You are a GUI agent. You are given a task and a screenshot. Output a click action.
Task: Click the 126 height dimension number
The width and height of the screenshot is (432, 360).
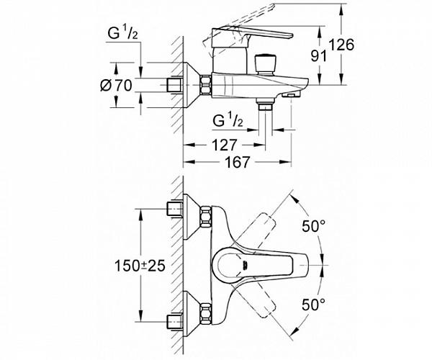click(341, 45)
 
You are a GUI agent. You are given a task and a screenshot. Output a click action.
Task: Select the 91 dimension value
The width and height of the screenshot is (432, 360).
click(319, 56)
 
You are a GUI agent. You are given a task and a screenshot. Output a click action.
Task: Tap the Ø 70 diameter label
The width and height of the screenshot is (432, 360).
click(116, 85)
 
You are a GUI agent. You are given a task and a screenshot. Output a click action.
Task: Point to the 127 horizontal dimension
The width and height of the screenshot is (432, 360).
click(224, 145)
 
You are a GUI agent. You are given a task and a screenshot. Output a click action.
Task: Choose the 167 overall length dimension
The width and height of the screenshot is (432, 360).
click(238, 162)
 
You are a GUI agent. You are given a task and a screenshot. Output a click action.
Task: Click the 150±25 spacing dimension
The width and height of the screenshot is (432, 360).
click(140, 266)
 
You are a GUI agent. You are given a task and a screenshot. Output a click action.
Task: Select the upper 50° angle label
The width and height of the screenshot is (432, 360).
click(313, 226)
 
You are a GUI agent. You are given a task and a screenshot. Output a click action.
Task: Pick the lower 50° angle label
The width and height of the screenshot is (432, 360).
click(313, 305)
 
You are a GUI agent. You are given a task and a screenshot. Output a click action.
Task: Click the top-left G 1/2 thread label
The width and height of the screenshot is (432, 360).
click(122, 34)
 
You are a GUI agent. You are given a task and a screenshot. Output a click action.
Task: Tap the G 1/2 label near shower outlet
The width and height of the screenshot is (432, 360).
click(228, 121)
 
